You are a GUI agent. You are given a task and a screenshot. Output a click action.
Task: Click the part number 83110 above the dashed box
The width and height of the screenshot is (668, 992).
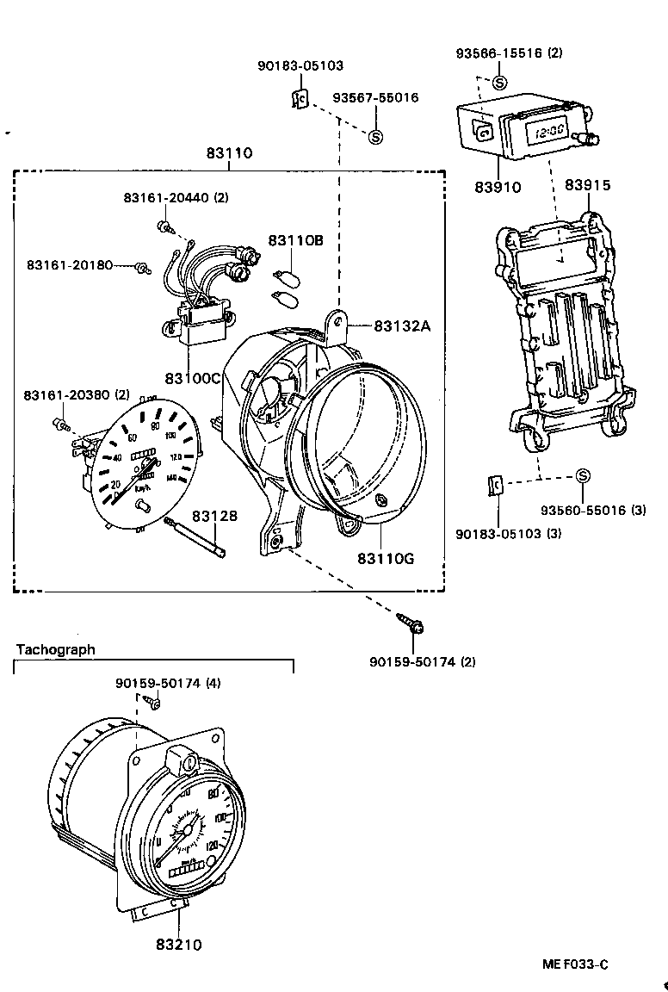click(x=229, y=153)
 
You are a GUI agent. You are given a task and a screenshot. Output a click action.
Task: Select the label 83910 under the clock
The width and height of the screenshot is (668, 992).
click(x=497, y=186)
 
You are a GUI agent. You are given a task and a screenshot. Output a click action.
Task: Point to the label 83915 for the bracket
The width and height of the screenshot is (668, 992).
click(x=588, y=186)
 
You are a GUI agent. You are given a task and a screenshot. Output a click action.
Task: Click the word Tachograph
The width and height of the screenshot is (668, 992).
click(x=56, y=649)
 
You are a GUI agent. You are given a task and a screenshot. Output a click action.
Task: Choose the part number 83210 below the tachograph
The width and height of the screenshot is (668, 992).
click(x=179, y=945)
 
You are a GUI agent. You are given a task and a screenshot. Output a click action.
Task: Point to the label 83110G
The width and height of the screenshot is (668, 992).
click(x=386, y=558)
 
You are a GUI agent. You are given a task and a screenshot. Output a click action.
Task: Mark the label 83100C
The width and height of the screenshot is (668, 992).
click(x=194, y=379)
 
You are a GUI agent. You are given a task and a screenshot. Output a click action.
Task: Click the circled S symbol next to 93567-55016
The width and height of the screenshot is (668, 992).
click(x=375, y=136)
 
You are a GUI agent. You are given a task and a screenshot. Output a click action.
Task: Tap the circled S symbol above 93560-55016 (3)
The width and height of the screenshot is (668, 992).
click(x=583, y=476)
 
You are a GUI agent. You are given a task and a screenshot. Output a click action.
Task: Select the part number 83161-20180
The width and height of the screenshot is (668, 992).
click(x=69, y=264)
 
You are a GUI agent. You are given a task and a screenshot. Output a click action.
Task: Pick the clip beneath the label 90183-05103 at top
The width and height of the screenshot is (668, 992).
click(x=298, y=100)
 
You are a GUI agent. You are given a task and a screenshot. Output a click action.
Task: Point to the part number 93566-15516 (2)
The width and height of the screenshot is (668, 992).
click(x=509, y=53)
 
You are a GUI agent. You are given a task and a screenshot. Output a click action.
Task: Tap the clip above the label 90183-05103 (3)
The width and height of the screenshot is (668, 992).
click(x=495, y=485)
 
